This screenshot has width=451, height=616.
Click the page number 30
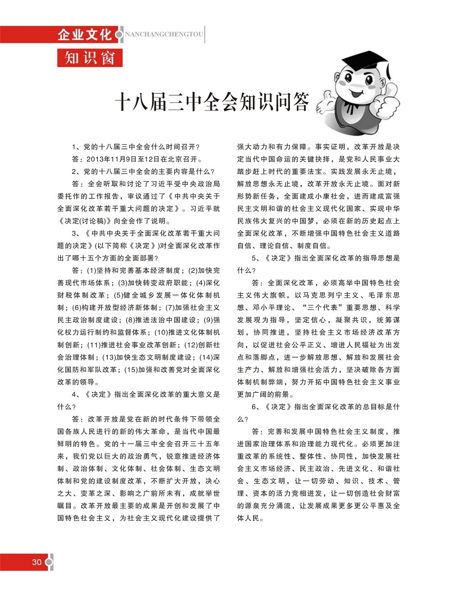37,562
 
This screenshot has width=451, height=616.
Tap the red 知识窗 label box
90,58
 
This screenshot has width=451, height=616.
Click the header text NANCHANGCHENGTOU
164,34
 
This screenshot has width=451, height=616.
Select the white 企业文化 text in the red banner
85,34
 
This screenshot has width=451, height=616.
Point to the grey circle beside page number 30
50,562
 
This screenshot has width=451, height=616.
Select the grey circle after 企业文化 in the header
119,34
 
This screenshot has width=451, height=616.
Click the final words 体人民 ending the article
249,518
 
